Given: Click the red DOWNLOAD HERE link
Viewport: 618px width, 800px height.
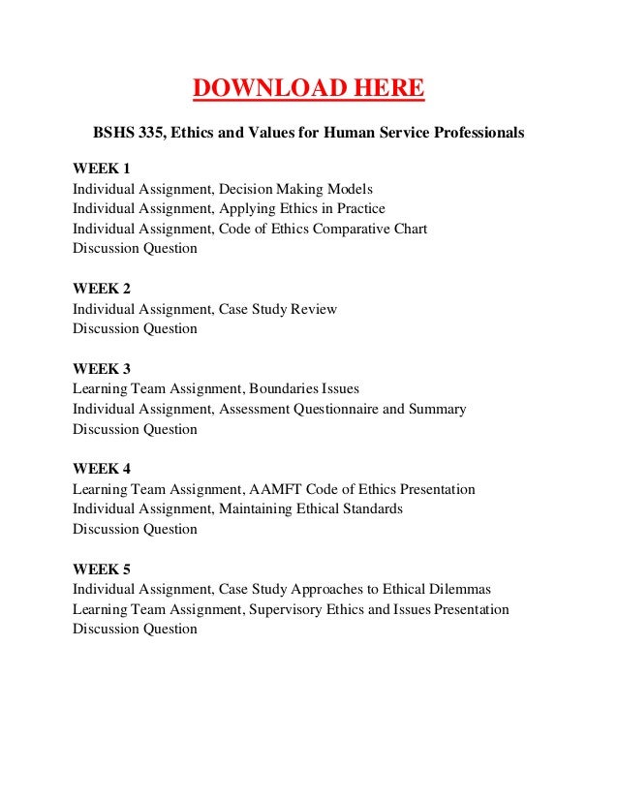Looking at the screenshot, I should pos(308,89).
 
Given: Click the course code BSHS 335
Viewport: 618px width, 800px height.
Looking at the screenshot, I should pos(129,131).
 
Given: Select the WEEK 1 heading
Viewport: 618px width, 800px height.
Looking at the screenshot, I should pos(102,169).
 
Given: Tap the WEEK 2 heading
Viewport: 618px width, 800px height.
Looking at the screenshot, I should pos(102,289).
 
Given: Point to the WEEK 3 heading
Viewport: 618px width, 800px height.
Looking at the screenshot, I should pos(102,369).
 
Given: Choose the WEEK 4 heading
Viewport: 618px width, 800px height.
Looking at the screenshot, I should pos(102,469).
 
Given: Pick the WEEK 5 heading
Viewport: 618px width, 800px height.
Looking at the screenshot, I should pos(102,569).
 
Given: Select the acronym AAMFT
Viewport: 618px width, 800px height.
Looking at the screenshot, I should pos(276,489).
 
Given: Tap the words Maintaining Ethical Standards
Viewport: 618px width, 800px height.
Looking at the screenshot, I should pos(311,508).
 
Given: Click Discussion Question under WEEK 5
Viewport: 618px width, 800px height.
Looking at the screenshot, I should pos(136,629).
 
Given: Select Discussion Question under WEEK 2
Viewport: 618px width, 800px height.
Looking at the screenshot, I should pos(136,328).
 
